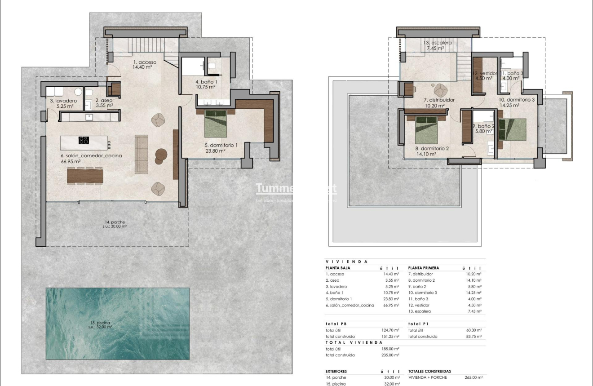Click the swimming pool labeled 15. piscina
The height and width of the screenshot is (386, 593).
tap(117, 324)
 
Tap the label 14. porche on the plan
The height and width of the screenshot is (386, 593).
tap(115, 222)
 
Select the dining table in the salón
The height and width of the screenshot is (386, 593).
tap(85, 175)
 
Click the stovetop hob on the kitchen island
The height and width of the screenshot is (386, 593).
tap(84, 140)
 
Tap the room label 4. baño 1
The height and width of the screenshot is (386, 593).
tap(206, 82)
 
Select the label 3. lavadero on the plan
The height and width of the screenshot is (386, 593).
tap(63, 101)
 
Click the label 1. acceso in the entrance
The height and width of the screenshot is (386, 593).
tap(145, 62)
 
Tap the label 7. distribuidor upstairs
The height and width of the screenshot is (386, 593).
tap(439, 100)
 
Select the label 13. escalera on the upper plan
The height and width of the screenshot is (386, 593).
tap(437, 43)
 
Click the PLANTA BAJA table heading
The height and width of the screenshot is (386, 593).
tap(338, 268)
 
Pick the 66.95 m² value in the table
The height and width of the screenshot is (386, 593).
tap(390, 305)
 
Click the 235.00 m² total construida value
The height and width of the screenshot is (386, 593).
tap(390, 355)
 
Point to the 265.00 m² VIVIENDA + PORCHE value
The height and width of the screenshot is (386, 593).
tap(474, 378)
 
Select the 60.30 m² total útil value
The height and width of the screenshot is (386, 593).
tap(474, 330)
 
